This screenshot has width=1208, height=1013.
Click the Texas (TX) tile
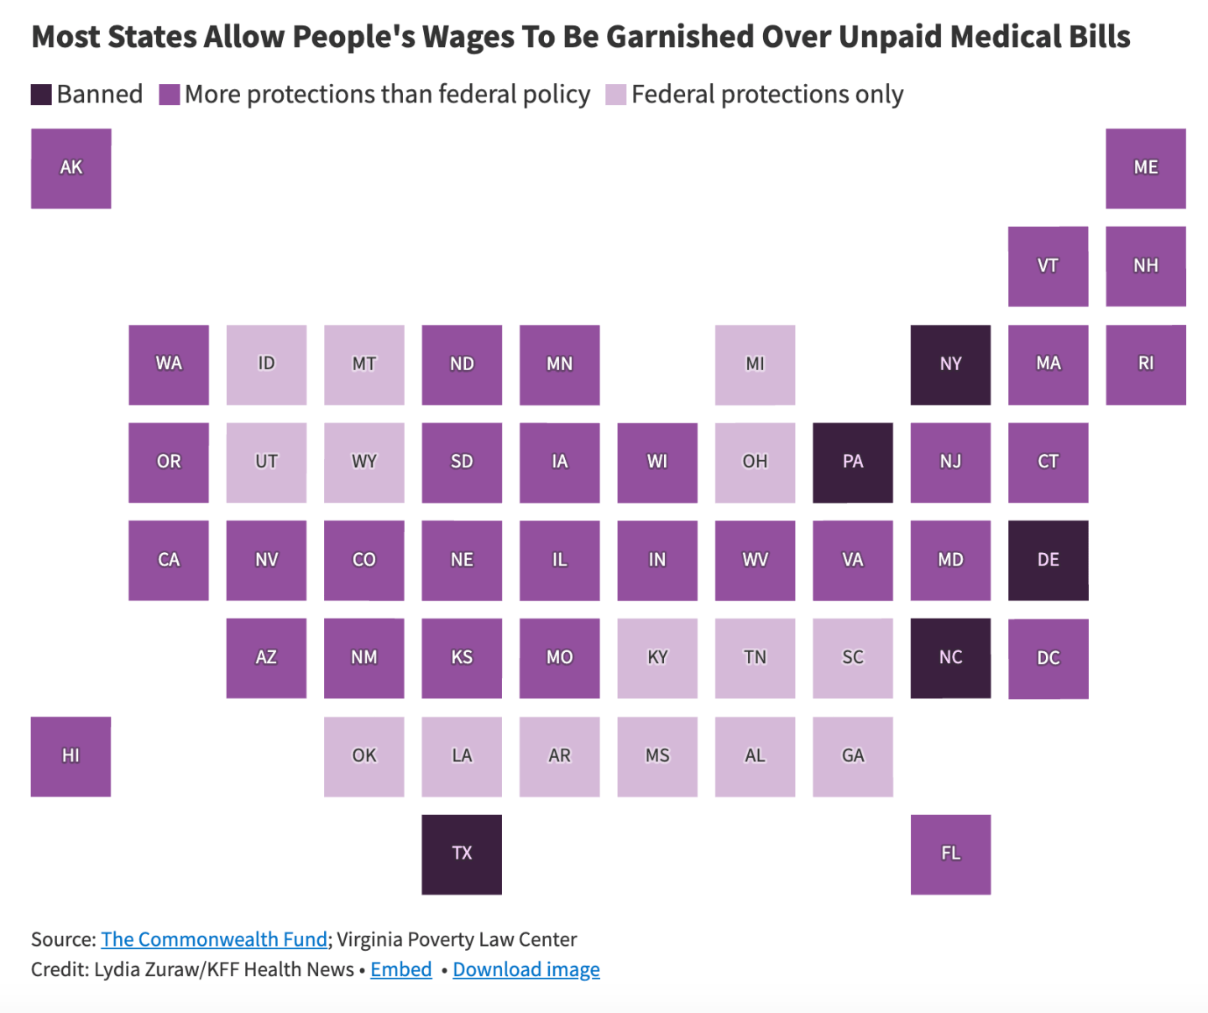coord(462,854)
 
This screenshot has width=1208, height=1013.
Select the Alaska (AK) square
coord(71,168)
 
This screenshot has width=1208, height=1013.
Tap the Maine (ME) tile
coord(1145,168)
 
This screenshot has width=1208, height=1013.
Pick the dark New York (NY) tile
coord(950,364)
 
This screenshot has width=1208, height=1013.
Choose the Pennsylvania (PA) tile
coord(853,462)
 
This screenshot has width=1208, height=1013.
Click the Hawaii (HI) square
coord(71,756)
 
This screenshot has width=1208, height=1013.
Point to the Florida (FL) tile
coord(950,854)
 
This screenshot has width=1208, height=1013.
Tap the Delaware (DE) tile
coord(1048,560)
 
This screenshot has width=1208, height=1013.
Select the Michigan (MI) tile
coord(755,364)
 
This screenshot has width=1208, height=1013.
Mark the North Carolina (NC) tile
coord(950,658)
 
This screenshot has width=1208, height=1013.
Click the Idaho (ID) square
coord(266,364)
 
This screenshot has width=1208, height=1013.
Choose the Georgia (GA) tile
coord(853,756)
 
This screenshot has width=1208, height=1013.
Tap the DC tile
coord(1048,658)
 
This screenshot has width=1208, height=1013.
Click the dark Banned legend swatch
coord(41,95)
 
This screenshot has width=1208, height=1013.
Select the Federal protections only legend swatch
coord(616,95)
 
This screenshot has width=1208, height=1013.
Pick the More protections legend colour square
coord(170,95)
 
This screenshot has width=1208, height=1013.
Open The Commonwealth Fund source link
coord(214,939)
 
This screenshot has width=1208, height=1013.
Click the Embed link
coord(401,969)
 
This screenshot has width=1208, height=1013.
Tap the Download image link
coord(526,969)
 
